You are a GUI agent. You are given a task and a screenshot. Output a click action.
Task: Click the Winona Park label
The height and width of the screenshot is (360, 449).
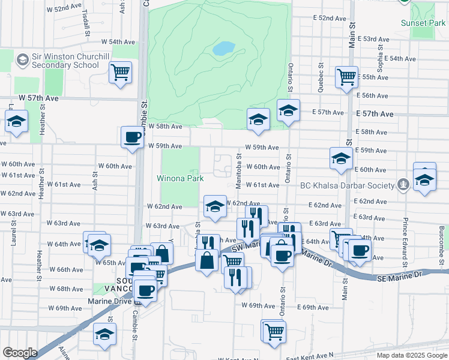[x=180, y=178]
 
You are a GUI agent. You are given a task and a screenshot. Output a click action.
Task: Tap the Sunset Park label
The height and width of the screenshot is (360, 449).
[x=423, y=23]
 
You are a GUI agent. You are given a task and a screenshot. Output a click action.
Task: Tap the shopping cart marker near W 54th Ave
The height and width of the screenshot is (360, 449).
[x=121, y=73]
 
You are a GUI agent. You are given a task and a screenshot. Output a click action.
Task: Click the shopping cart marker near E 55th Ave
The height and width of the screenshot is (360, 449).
[x=346, y=77]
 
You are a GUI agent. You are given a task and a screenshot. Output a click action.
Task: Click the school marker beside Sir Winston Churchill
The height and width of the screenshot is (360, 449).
[x=23, y=59]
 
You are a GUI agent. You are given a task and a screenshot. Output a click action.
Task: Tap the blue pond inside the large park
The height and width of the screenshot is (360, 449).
[x=223, y=48]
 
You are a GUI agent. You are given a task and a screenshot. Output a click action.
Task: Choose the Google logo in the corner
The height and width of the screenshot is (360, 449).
[x=20, y=353]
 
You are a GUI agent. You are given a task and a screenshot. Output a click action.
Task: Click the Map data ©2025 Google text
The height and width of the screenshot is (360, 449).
[x=411, y=355]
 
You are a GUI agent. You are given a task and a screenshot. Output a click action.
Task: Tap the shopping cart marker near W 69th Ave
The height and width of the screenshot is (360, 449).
[x=274, y=331]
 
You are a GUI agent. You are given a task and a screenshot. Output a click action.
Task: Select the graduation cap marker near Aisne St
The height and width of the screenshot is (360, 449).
[x=105, y=335]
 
